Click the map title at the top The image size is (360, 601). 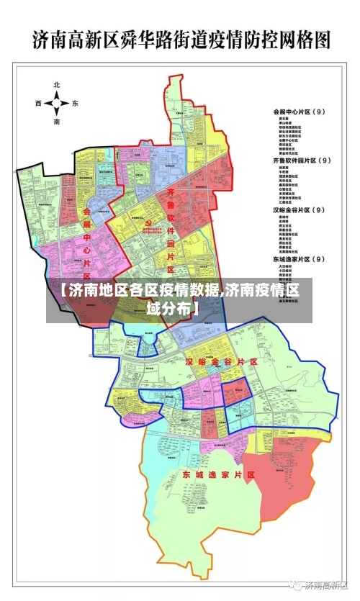pyautogui.click(x=181, y=39)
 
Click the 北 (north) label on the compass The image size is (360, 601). pyautogui.click(x=56, y=85)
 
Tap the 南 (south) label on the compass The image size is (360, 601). pyautogui.click(x=56, y=122)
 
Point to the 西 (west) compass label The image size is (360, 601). pyautogui.click(x=38, y=104)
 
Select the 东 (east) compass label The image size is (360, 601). pyautogui.click(x=75, y=104)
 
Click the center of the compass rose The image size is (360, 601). pyautogui.click(x=56, y=104)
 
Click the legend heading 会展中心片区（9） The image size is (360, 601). pyautogui.click(x=299, y=112)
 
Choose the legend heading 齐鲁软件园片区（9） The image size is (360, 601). pyautogui.click(x=302, y=160)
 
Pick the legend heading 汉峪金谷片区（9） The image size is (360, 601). pyautogui.click(x=299, y=210)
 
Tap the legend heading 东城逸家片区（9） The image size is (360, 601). pyautogui.click(x=299, y=258)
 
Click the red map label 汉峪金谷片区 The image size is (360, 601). pyautogui.click(x=221, y=361)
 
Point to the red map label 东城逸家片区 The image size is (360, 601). pyautogui.click(x=219, y=476)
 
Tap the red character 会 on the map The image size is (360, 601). pyautogui.click(x=87, y=212)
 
